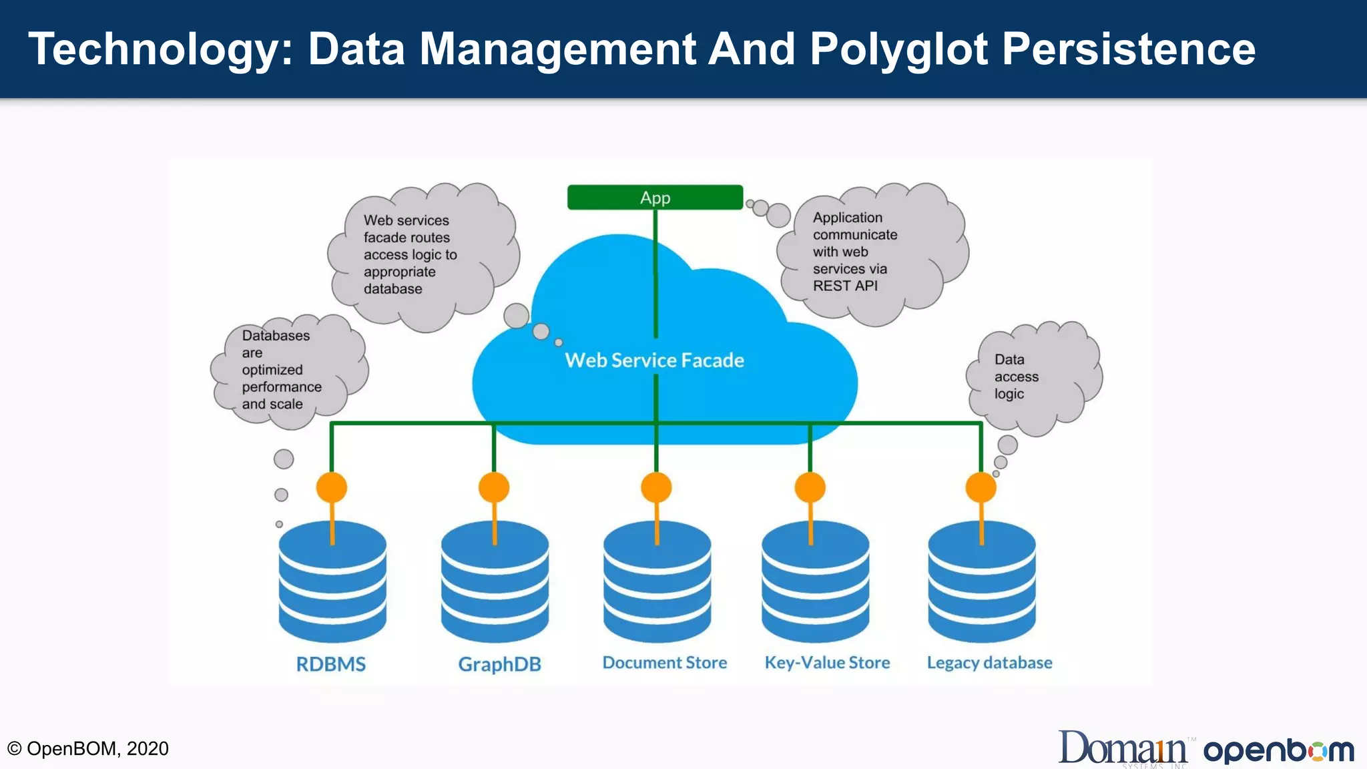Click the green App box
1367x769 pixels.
click(655, 198)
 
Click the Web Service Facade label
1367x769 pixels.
click(654, 360)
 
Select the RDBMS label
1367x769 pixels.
click(331, 664)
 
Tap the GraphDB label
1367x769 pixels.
click(499, 664)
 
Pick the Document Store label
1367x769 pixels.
click(665, 663)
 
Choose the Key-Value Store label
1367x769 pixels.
click(827, 663)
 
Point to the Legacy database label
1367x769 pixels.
click(989, 663)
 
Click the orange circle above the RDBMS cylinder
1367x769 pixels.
click(332, 487)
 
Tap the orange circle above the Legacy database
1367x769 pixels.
click(981, 487)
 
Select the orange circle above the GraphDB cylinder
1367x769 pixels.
click(494, 487)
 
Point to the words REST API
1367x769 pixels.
click(845, 286)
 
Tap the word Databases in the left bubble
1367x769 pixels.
click(276, 336)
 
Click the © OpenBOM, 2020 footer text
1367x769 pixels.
click(87, 748)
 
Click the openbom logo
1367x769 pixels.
click(1278, 751)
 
